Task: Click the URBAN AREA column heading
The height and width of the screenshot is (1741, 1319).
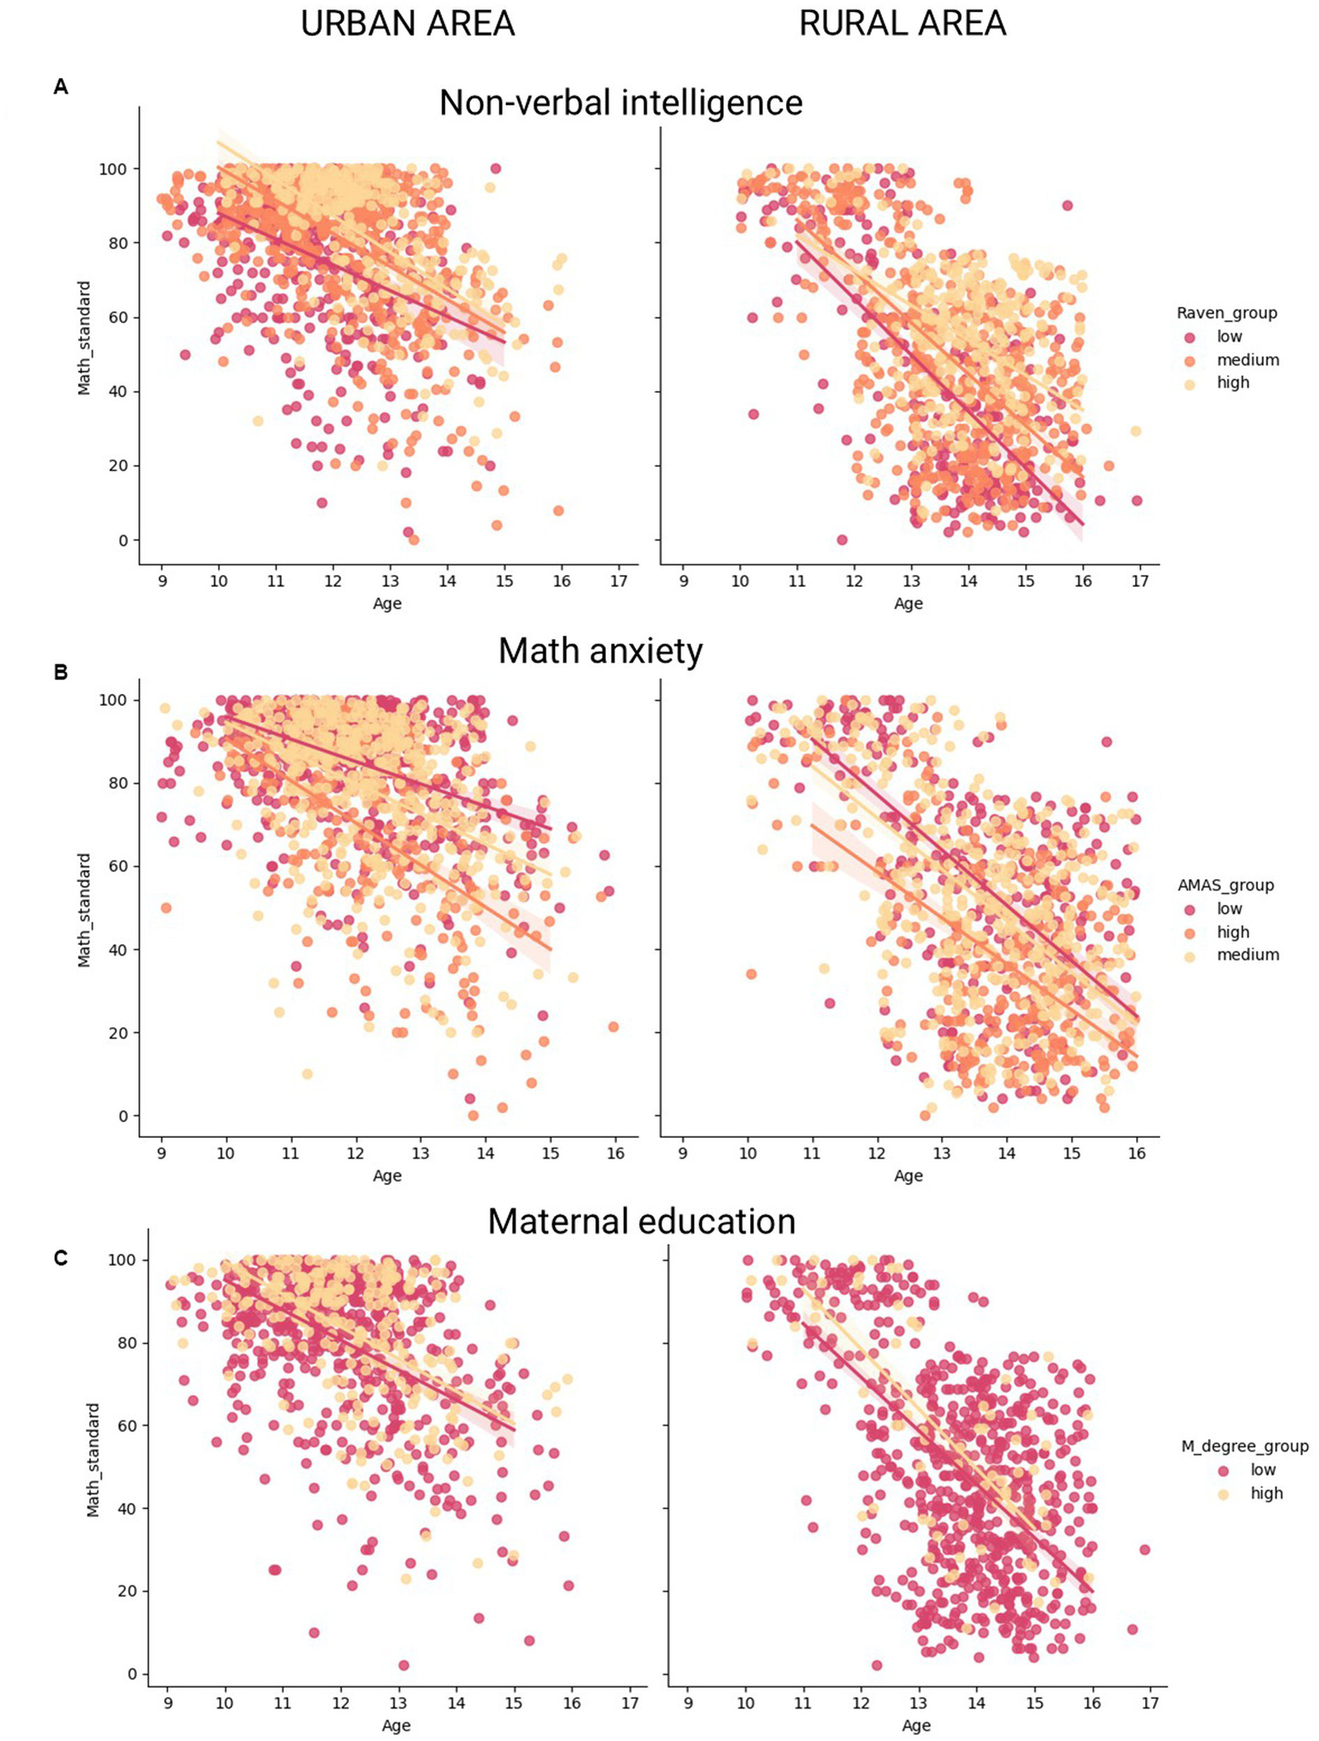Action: [x=407, y=23]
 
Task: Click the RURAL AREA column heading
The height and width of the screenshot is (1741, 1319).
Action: [x=902, y=23]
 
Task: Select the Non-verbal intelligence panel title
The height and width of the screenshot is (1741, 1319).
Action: [x=620, y=102]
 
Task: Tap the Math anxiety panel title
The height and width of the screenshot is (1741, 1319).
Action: [x=601, y=651]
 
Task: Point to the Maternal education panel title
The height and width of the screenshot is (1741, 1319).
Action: [x=641, y=1221]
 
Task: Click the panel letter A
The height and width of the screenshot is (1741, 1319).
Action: [x=60, y=86]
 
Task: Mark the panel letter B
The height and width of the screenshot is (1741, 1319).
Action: [x=60, y=672]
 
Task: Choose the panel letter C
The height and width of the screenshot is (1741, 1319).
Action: [x=60, y=1258]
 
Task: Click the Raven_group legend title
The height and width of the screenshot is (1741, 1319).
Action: [x=1226, y=313]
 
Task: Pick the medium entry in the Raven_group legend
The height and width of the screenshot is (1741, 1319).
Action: [x=1247, y=360]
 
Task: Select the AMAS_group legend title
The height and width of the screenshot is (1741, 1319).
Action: [x=1225, y=885]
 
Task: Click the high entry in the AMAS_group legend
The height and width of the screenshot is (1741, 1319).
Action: [x=1232, y=932]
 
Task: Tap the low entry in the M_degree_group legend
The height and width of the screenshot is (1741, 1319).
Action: [x=1262, y=1469]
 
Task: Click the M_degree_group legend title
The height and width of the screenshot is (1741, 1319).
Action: [x=1244, y=1446]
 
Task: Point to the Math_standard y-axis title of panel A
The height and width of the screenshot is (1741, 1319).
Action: [x=84, y=338]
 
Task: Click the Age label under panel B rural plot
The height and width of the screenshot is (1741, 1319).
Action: [x=908, y=1176]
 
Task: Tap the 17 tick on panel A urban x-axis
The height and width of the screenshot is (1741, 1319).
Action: [x=618, y=581]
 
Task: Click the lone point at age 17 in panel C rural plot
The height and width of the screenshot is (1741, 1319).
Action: [x=1145, y=1549]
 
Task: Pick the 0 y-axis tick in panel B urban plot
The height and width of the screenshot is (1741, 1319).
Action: [x=123, y=1116]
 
